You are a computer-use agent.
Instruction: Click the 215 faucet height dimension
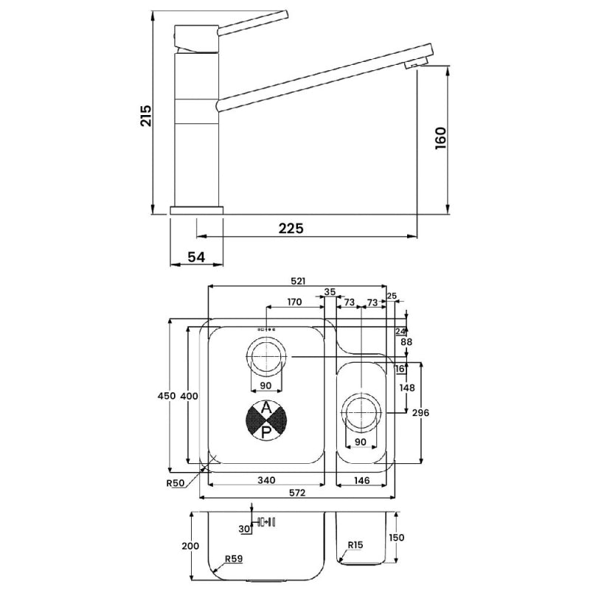(145, 116)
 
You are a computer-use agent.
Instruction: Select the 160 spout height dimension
(440, 138)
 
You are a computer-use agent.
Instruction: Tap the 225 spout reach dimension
(291, 229)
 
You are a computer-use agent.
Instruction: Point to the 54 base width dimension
(196, 257)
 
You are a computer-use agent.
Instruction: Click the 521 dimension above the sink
(298, 281)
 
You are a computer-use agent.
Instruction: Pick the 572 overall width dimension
(297, 493)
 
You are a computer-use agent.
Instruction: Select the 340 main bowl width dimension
(266, 480)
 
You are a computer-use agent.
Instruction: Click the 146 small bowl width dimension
(361, 480)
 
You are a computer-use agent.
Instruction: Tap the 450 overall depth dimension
(167, 396)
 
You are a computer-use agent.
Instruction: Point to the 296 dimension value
(420, 413)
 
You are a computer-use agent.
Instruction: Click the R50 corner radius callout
(176, 483)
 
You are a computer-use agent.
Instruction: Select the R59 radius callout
(234, 559)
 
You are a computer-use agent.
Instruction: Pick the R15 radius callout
(355, 545)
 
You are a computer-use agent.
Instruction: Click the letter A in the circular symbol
(266, 407)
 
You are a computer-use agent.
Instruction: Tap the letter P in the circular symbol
(266, 433)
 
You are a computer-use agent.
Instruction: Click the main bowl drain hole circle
(266, 357)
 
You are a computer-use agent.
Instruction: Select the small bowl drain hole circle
(361, 413)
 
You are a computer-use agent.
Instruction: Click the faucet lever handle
(253, 24)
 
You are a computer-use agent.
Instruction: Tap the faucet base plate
(196, 210)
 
